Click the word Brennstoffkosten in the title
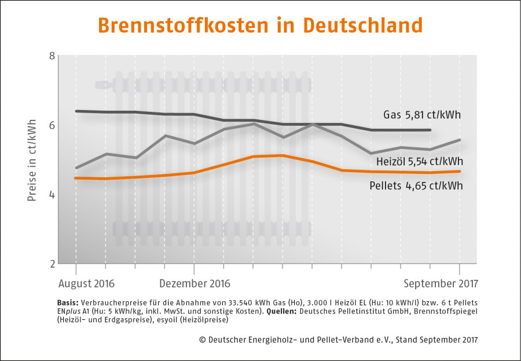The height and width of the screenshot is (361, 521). coord(183,25)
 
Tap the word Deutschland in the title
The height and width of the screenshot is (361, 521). coord(362,25)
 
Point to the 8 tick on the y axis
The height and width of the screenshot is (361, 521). coord(52,56)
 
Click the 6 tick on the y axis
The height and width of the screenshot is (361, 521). coord(52,125)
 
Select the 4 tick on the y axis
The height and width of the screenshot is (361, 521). coord(52,195)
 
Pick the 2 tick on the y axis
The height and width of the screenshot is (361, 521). coord(52,264)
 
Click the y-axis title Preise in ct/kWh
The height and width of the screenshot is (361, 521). coord(32,160)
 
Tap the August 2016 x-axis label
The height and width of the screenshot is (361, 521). coord(86,284)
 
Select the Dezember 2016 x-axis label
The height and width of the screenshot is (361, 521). coord(195,284)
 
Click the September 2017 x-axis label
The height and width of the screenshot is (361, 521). coord(441,284)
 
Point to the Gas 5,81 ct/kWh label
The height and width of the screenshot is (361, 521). coord(422,115)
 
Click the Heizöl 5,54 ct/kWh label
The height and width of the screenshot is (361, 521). coord(419,162)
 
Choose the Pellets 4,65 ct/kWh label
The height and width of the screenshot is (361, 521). coord(416,185)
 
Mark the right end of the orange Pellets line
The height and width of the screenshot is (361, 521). coord(460,172)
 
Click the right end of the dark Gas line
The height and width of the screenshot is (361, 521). coord(430,130)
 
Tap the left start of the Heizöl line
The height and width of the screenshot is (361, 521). coord(76,167)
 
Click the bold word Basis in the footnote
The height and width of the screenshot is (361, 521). coord(68,303)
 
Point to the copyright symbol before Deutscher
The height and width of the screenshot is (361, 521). coord(202,340)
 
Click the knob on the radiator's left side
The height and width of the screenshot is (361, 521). coord(104,85)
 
